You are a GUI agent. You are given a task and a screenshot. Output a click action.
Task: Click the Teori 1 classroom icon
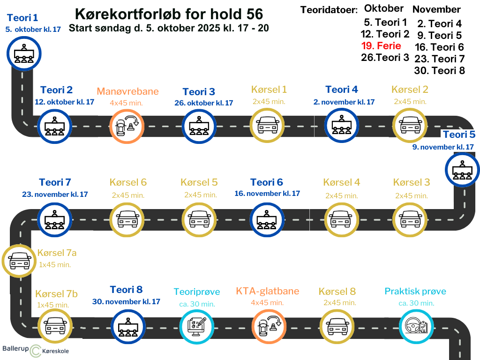pos(24,53)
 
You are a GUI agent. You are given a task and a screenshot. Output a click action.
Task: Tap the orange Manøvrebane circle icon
pos(127,126)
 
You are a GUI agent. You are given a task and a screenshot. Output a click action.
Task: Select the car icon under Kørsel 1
pos(267,126)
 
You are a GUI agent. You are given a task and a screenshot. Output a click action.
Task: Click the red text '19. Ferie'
pos(381,46)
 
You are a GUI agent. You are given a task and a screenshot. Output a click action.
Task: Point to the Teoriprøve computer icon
pos(196,327)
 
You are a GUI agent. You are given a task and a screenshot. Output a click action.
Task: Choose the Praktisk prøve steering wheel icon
pos(416,326)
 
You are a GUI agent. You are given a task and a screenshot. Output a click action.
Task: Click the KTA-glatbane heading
pos(268,291)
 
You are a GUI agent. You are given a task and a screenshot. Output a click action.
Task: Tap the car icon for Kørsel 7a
pos(19,261)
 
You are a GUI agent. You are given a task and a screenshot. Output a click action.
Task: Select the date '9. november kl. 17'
pos(443,147)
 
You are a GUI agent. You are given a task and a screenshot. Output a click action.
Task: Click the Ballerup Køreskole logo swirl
pos(36,351)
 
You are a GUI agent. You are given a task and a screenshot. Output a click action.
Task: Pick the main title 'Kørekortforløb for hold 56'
pos(169,14)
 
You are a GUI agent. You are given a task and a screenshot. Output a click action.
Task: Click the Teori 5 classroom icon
pos(462,170)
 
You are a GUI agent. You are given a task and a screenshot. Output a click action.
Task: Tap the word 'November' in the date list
pos(436,9)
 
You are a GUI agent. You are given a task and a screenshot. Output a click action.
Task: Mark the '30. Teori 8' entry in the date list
pos(440,71)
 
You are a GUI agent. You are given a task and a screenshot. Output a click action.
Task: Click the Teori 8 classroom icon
pos(128,327)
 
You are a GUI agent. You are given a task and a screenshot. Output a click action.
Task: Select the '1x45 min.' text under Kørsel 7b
pos(53,305)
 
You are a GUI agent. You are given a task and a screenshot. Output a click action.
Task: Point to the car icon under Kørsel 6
pos(127,219)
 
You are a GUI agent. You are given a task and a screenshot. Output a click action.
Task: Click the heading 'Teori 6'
pos(267,182)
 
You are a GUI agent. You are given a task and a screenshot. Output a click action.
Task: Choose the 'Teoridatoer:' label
pos(329,10)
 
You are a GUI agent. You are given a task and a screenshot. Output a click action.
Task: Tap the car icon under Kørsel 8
pos(337,327)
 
